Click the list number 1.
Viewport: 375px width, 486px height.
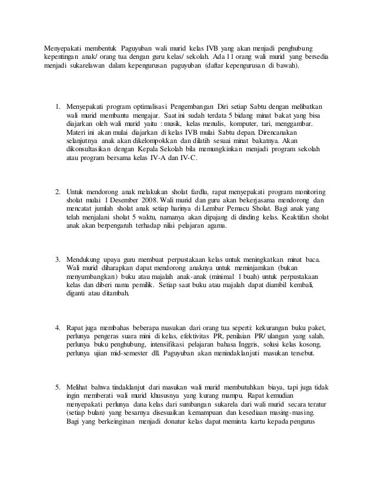[x=57, y=107]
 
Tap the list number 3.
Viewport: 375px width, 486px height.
[x=57, y=259]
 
